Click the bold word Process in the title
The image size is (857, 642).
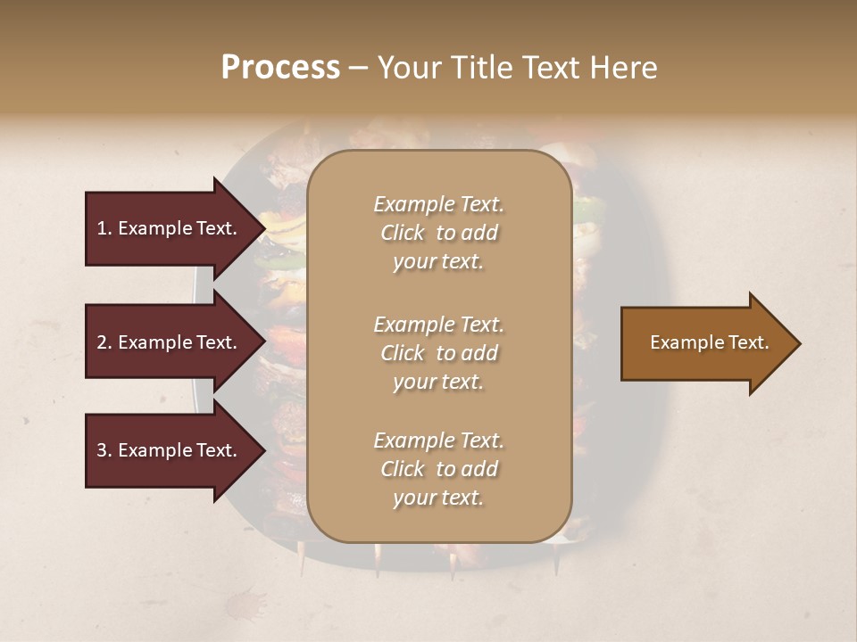[280, 68]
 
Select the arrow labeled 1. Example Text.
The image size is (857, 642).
[170, 228]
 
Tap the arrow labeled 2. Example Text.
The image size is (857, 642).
[170, 342]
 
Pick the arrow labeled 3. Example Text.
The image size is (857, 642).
[170, 450]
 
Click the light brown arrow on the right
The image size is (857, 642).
[705, 343]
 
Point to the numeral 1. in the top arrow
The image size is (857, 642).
[104, 228]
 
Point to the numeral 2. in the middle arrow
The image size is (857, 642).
[104, 342]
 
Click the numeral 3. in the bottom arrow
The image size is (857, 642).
[104, 450]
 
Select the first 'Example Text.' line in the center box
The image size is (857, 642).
[438, 204]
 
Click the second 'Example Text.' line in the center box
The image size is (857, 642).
[438, 325]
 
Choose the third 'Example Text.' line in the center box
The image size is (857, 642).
[438, 440]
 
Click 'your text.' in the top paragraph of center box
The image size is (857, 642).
[437, 262]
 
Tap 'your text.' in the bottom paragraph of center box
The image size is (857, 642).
[437, 498]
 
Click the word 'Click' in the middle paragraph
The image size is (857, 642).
[403, 353]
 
